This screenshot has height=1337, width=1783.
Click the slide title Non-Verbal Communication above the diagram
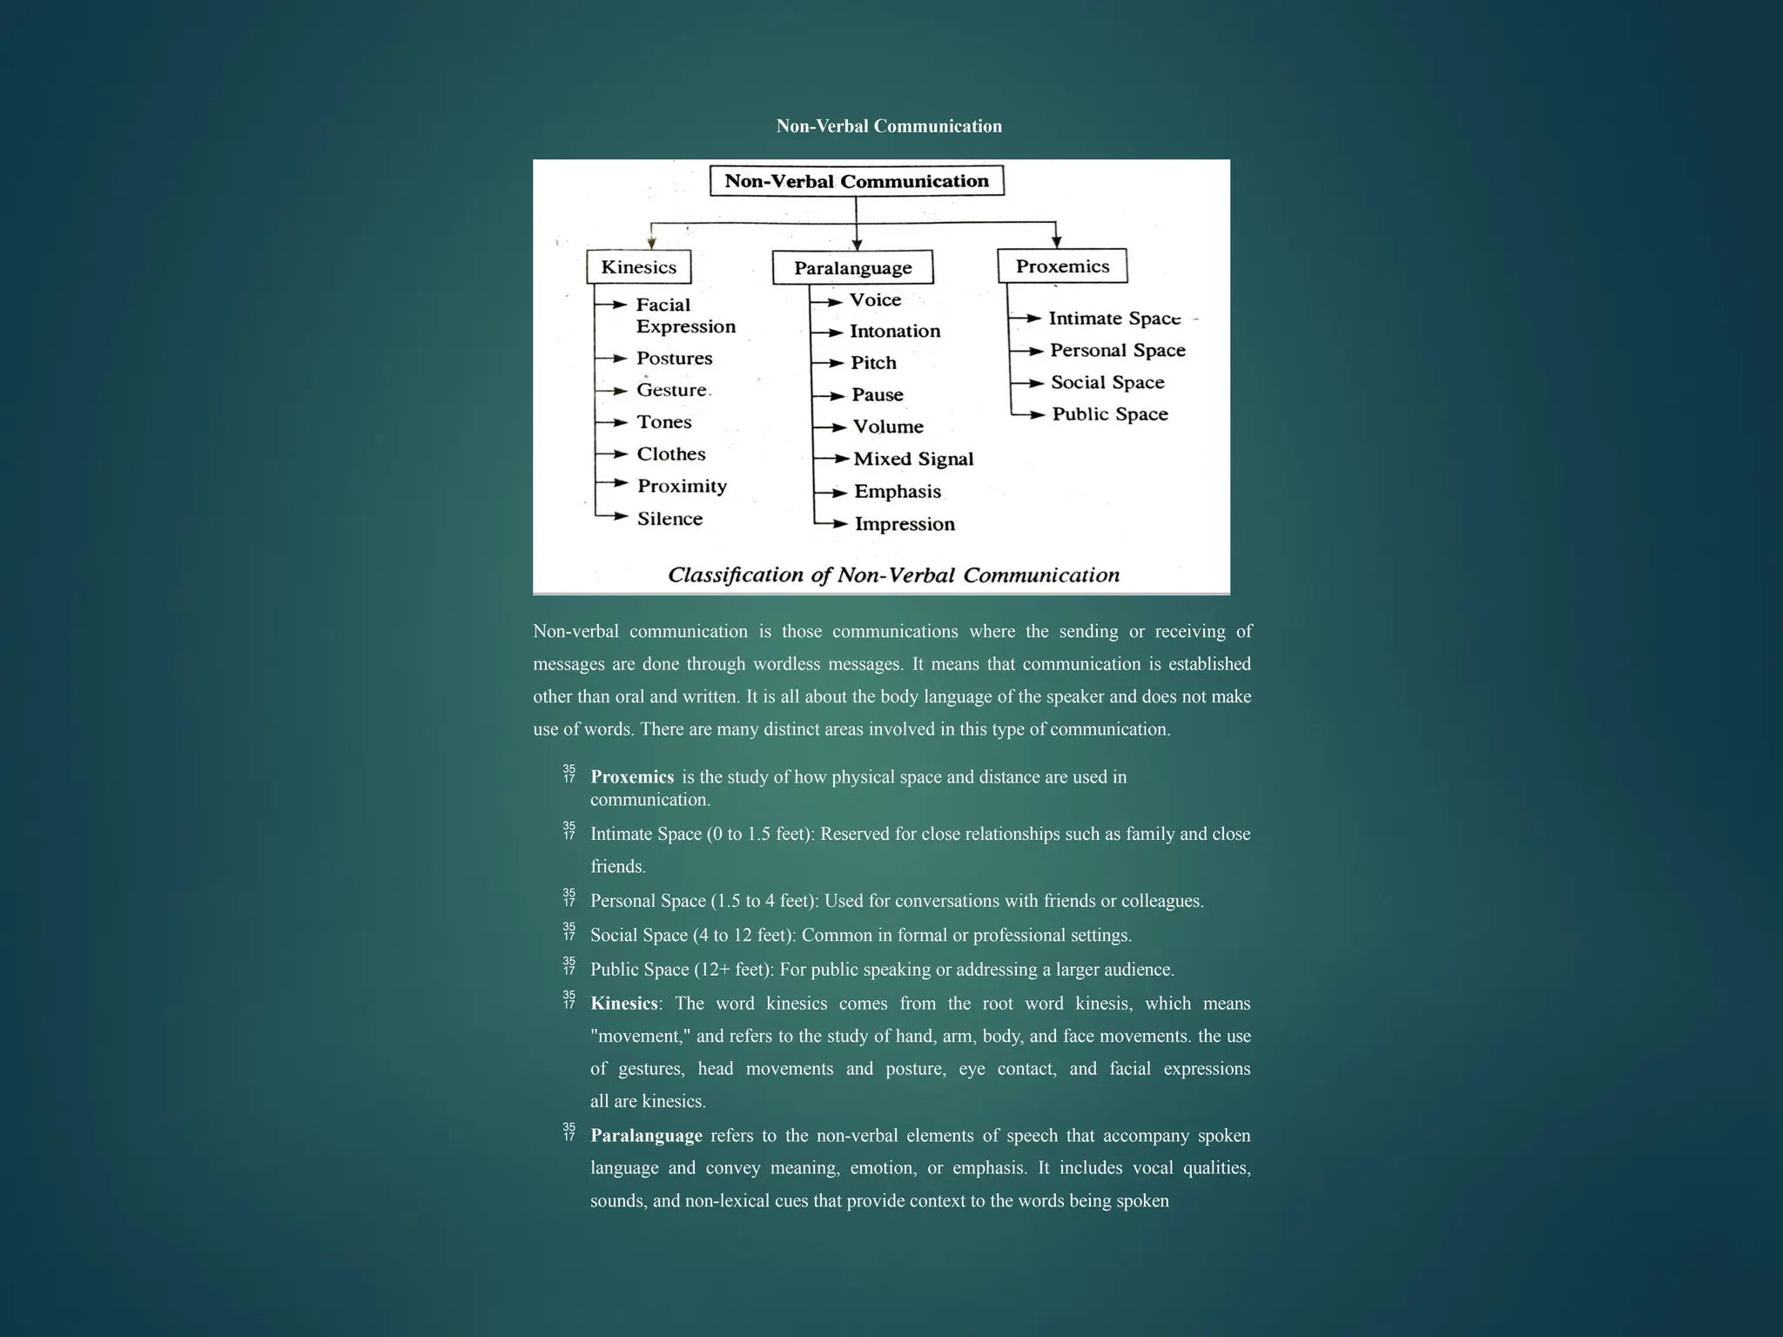pyautogui.click(x=889, y=126)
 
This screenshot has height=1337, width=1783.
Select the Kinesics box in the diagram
pyautogui.click(x=638, y=267)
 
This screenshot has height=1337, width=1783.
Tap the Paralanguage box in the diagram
pyautogui.click(x=852, y=268)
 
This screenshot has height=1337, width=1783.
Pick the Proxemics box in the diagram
pyautogui.click(x=1062, y=266)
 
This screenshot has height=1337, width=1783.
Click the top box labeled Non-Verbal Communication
pyautogui.click(x=857, y=181)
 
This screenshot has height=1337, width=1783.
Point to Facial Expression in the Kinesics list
pyautogui.click(x=685, y=315)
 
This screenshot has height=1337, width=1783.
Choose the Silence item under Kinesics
pyautogui.click(x=669, y=519)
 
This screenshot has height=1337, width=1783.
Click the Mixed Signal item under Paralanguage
pyautogui.click(x=913, y=459)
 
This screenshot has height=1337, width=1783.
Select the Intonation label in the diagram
pyautogui.click(x=895, y=331)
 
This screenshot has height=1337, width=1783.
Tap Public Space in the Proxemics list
pyautogui.click(x=1110, y=414)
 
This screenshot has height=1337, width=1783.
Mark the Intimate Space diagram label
pyautogui.click(x=1114, y=319)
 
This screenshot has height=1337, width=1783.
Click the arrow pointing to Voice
pyautogui.click(x=828, y=301)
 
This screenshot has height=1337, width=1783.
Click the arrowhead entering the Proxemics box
pyautogui.click(x=1056, y=241)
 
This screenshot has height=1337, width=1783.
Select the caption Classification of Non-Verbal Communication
pyautogui.click(x=893, y=575)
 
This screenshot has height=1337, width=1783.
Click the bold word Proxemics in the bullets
pyautogui.click(x=632, y=776)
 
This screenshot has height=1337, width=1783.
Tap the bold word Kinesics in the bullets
pyautogui.click(x=623, y=1004)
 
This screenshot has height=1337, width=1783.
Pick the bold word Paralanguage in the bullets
pyautogui.click(x=646, y=1136)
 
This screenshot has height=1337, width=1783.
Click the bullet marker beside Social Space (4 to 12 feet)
pyautogui.click(x=569, y=931)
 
